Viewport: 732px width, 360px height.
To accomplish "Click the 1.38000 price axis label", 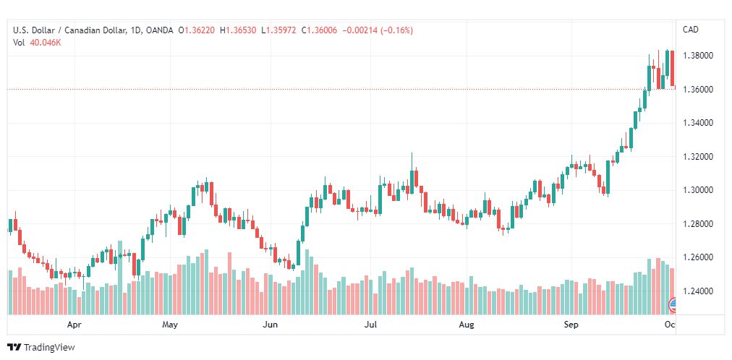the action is coord(697,56).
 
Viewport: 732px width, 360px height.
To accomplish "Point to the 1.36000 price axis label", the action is coord(697,89).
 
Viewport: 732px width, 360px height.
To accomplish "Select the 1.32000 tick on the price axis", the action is coord(697,157).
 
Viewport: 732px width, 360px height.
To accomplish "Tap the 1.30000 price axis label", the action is coord(697,190).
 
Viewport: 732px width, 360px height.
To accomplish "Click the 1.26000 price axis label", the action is coord(697,257).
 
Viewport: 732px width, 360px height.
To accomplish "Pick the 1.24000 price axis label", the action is coord(697,291).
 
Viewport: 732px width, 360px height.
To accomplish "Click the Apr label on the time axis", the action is coord(75,325).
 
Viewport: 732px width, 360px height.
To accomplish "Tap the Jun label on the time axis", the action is coord(271,325).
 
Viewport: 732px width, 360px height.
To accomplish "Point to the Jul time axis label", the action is coord(370,325).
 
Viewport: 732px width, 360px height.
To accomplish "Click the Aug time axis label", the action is coord(467,325).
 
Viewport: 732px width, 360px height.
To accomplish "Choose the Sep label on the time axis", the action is coord(571,325).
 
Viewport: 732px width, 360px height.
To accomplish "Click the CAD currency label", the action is coord(691,30).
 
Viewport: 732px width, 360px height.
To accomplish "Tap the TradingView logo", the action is coord(41,348).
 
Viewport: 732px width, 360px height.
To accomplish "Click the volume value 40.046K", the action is coord(46,43).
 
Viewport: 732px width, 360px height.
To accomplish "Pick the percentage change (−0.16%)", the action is coord(397,30).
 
